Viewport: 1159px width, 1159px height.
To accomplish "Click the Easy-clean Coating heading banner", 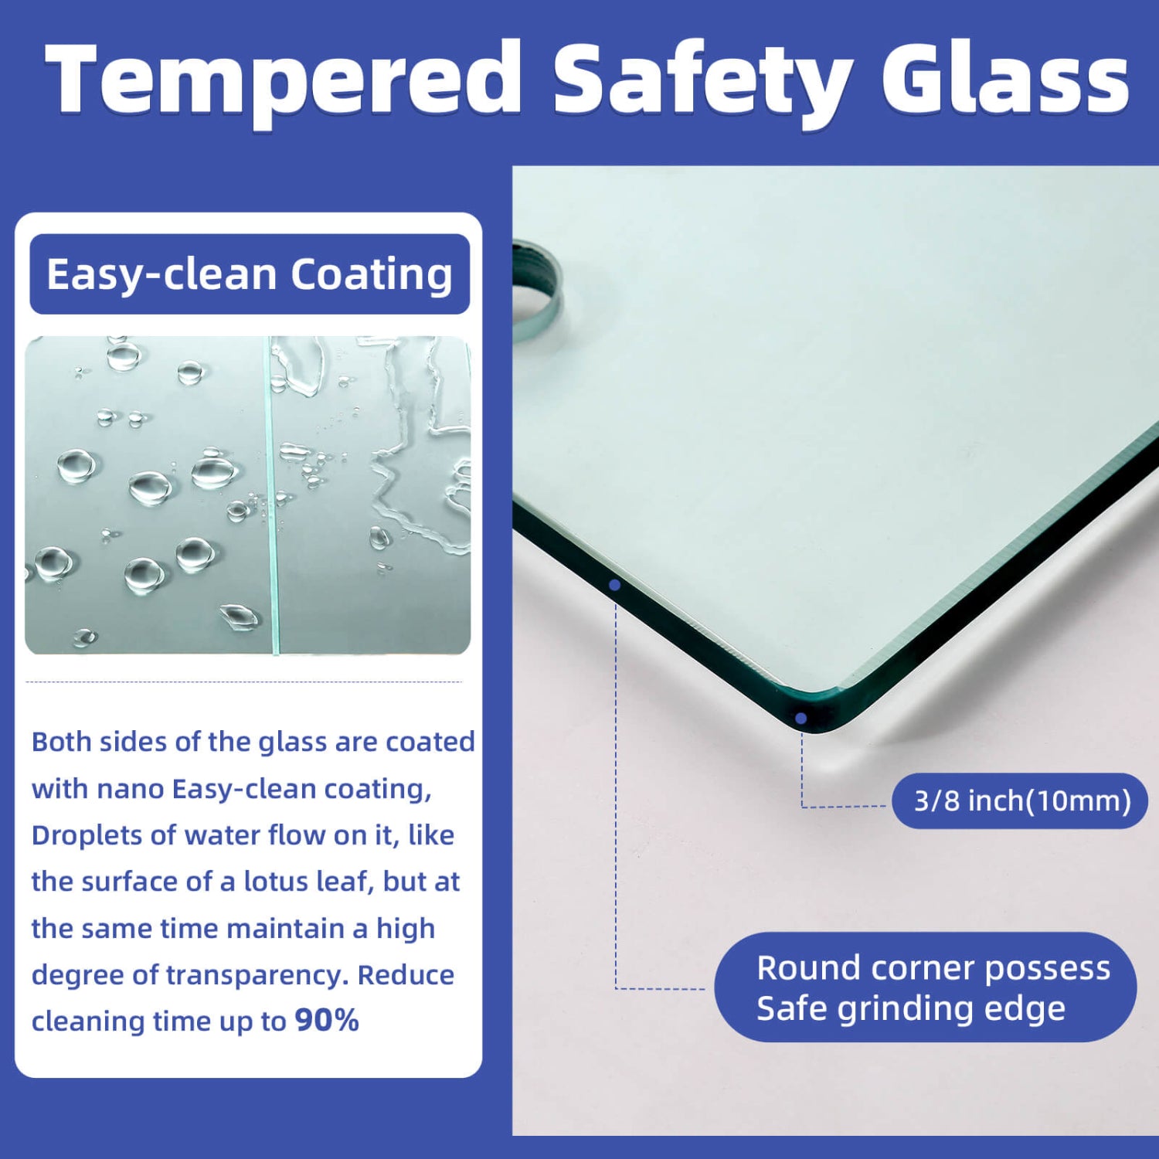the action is pyautogui.click(x=250, y=274).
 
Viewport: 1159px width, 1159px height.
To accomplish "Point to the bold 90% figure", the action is pyautogui.click(x=327, y=1020).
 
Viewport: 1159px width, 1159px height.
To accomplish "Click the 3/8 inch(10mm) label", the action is pyautogui.click(x=1020, y=800).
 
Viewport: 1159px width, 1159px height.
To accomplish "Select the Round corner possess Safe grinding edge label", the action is pyautogui.click(x=926, y=987).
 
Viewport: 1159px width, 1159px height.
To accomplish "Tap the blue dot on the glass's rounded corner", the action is pyautogui.click(x=801, y=719).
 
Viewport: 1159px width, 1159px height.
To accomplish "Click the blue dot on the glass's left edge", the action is pyautogui.click(x=615, y=585).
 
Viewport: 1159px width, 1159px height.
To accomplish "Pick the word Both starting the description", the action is pyautogui.click(x=61, y=742).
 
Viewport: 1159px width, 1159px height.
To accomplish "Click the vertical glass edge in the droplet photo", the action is pyautogui.click(x=272, y=495).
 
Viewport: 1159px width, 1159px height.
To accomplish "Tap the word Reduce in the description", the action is pyautogui.click(x=406, y=974).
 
